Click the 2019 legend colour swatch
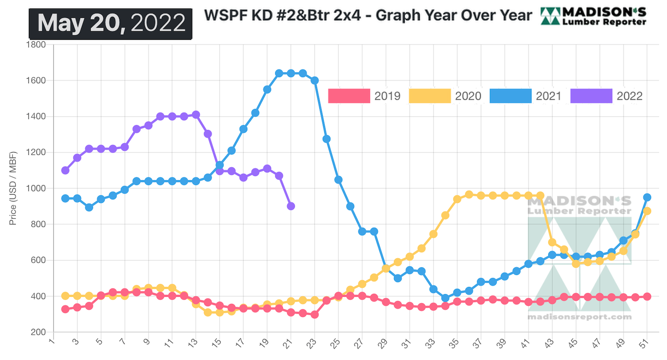click(x=349, y=96)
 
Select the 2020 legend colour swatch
click(x=430, y=96)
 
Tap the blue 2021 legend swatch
click(x=510, y=96)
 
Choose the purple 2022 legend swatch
click(x=591, y=96)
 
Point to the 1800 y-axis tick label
click(x=37, y=44)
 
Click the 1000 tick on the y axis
click(x=37, y=188)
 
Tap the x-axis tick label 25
click(x=336, y=344)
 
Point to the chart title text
click(x=367, y=16)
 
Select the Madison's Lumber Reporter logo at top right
click(x=594, y=16)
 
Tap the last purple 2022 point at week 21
click(x=291, y=206)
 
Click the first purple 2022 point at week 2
click(x=65, y=170)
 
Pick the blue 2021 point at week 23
click(x=314, y=81)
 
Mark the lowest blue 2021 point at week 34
click(x=445, y=298)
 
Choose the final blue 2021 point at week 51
click(x=647, y=197)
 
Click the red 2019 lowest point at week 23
click(x=314, y=314)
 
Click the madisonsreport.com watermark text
click(x=579, y=317)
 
